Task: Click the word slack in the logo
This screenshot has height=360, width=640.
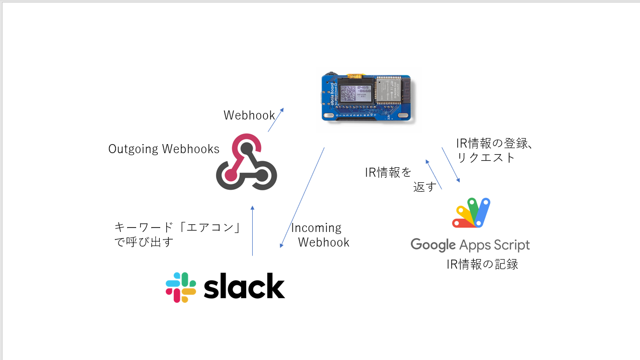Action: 244,287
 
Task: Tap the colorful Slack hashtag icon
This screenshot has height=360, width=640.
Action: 181,287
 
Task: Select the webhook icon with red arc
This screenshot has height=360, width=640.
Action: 246,162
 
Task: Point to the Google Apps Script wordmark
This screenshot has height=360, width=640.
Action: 470,245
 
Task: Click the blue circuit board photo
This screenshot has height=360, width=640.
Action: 366,97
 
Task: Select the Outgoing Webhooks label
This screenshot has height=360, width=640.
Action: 164,149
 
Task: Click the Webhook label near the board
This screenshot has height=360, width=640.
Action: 249,115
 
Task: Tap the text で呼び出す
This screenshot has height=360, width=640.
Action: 144,242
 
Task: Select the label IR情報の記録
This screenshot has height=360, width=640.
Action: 482,264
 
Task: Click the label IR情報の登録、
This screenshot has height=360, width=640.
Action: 494,143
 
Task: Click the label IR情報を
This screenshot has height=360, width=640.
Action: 388,173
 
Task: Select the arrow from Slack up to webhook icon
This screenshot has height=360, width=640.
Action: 252,231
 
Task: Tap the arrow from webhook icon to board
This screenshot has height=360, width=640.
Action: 275,120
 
